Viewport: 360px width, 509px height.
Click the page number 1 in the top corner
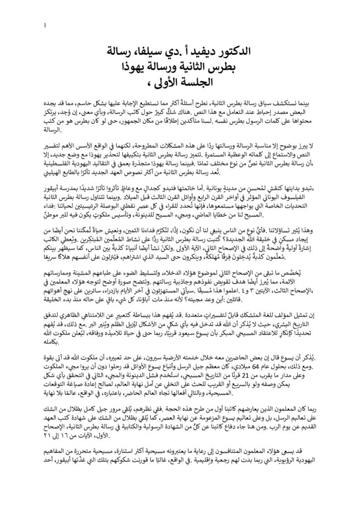(x=45, y=25)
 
